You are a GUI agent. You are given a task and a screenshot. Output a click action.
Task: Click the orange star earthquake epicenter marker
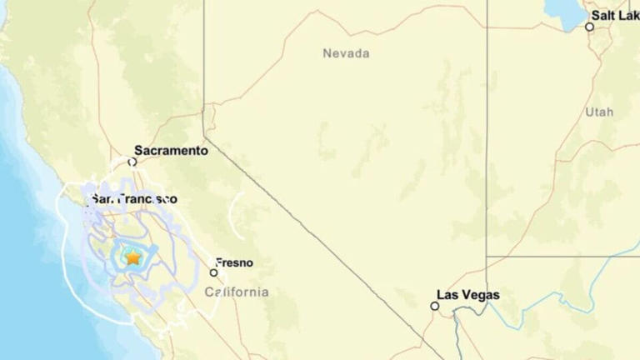[x=132, y=257]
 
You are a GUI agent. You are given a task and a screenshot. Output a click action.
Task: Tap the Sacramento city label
[x=171, y=151]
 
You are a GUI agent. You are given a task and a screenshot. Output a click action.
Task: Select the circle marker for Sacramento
[x=132, y=162]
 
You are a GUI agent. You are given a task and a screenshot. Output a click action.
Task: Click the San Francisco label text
[x=134, y=199]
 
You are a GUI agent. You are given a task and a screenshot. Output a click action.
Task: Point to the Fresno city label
[x=234, y=262]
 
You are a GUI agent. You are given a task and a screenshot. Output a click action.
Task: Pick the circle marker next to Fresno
[x=213, y=272]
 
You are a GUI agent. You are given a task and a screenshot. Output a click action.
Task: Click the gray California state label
[x=237, y=292]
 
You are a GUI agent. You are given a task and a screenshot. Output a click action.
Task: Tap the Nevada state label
[x=346, y=53]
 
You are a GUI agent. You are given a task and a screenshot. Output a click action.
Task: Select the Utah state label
[x=598, y=112]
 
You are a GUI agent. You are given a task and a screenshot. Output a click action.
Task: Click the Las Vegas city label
[x=468, y=295]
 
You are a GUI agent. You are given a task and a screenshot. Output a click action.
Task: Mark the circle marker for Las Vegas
[x=434, y=306]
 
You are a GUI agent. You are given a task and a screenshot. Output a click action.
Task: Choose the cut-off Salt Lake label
[x=615, y=15]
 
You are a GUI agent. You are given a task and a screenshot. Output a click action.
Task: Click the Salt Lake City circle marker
[x=589, y=27]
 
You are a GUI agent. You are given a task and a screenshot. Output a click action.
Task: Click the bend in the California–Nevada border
[x=205, y=138]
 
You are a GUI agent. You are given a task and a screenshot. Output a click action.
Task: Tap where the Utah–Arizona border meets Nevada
[x=487, y=256]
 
